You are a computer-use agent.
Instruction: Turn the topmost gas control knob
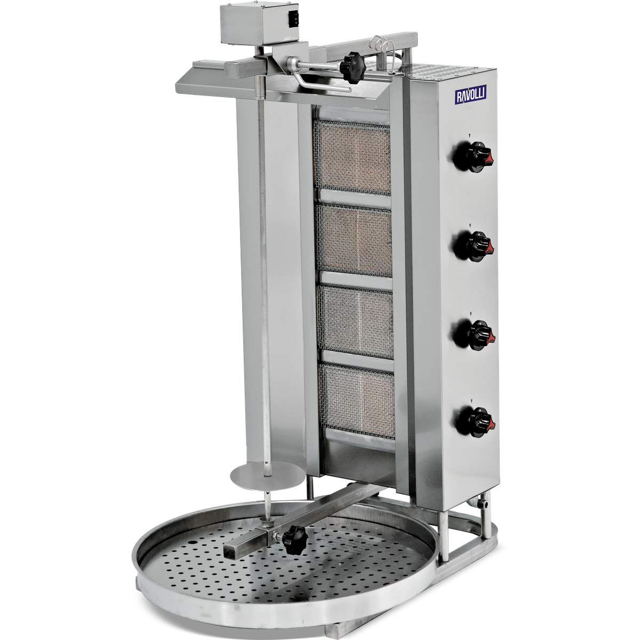[471, 157]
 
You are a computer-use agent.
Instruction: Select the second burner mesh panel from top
[354, 241]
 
